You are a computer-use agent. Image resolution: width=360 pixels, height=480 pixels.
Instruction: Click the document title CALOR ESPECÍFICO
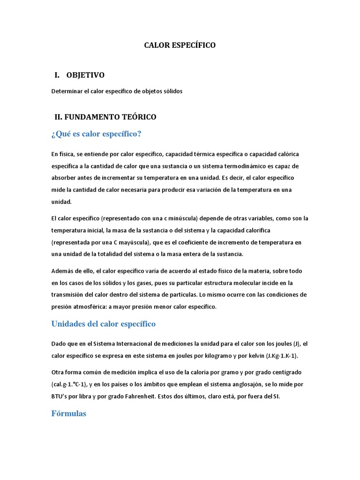coord(180,45)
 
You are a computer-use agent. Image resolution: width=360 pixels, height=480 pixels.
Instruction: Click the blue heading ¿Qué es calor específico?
coord(96,135)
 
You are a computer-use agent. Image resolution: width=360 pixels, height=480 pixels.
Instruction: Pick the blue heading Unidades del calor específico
coord(103,324)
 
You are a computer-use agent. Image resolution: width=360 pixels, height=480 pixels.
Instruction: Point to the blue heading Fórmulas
coord(68,414)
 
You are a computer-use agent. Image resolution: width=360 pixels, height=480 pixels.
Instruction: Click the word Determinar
coord(66,91)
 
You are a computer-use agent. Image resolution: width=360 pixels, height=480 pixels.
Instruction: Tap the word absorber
coord(64,179)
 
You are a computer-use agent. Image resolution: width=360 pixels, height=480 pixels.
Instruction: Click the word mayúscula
coord(130,242)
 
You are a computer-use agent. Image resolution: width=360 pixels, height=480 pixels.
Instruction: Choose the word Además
coord(63,271)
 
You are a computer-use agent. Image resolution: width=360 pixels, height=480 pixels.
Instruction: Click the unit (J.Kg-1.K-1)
coord(281,356)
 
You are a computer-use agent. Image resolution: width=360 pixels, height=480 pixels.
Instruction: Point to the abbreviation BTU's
coord(60,396)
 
